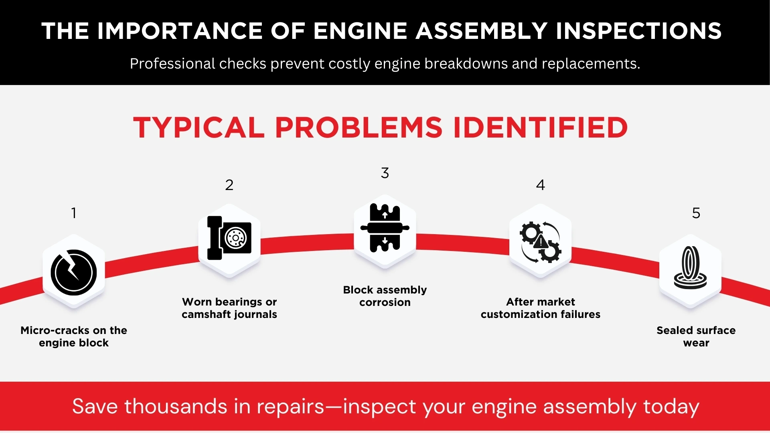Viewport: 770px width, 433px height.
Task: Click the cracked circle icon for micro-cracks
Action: click(74, 272)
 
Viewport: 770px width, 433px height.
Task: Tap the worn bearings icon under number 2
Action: click(229, 238)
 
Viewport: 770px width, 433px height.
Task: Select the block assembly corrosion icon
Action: click(385, 228)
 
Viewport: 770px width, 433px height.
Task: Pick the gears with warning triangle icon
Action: click(540, 242)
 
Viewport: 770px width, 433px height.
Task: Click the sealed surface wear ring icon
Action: click(690, 268)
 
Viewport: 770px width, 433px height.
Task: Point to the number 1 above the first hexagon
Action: click(74, 213)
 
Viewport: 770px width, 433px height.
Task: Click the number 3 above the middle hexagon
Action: click(385, 173)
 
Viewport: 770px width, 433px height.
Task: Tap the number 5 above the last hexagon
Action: click(696, 213)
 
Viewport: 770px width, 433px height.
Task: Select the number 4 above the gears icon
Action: click(540, 185)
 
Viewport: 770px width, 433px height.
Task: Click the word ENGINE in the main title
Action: click(360, 31)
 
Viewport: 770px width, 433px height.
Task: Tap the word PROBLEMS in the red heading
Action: click(359, 128)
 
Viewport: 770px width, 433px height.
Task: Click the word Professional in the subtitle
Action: click(172, 64)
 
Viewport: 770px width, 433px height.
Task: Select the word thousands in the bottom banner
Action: click(176, 406)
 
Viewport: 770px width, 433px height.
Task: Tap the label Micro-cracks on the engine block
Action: click(74, 336)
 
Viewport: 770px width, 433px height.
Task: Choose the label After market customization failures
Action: click(540, 308)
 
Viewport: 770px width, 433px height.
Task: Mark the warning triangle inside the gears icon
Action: click(541, 242)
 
